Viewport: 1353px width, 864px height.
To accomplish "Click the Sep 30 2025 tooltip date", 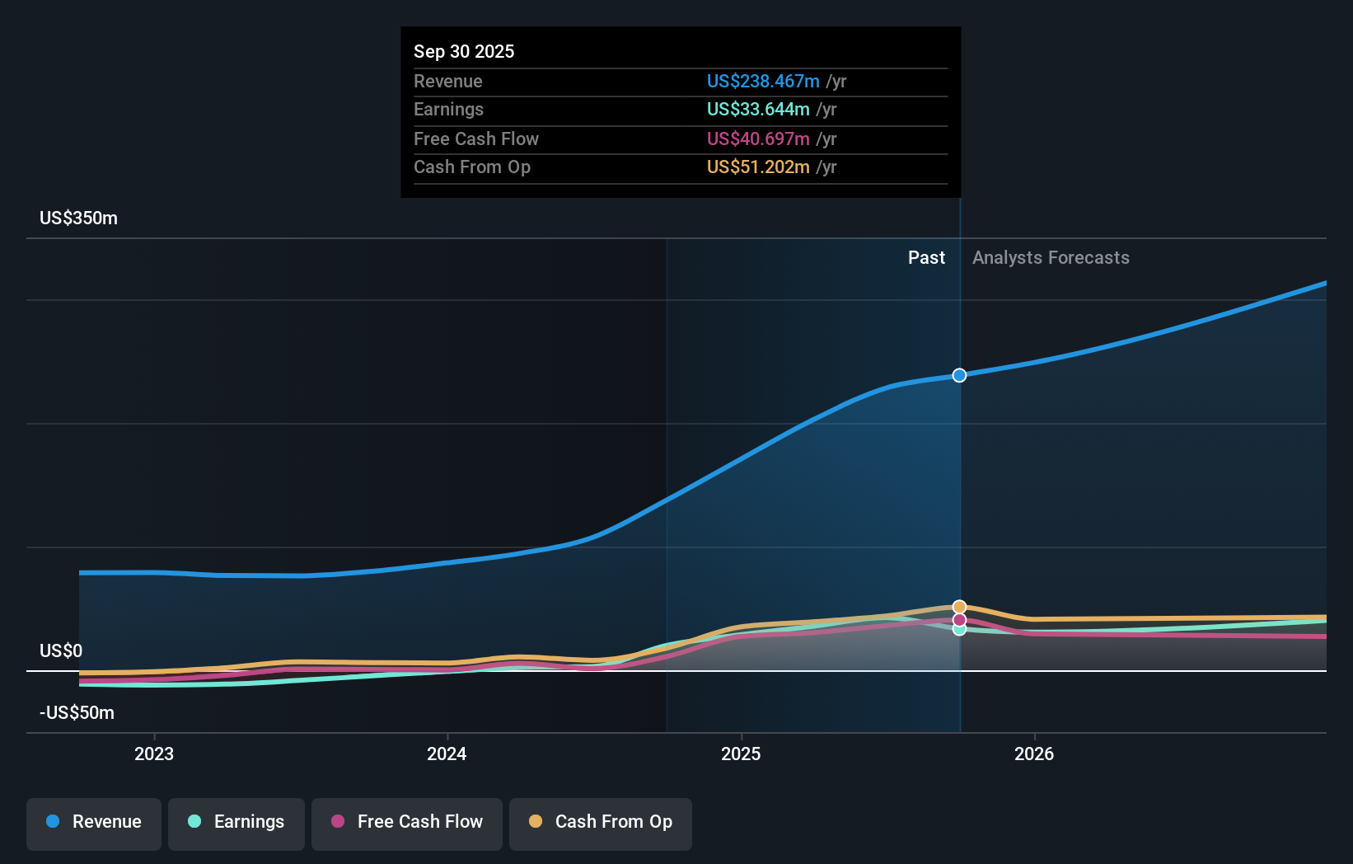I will (x=464, y=51).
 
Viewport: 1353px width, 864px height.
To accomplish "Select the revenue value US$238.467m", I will (x=763, y=81).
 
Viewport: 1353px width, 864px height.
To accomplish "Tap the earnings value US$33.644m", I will (x=758, y=109).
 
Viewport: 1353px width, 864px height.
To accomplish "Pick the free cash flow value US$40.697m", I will (x=758, y=139).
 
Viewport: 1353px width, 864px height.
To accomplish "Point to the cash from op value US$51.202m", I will (x=758, y=167).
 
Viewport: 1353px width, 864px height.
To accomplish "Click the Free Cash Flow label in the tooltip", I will (x=476, y=139).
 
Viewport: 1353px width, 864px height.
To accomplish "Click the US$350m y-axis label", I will (x=78, y=218).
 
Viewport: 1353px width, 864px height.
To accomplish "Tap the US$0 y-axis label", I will (x=61, y=650).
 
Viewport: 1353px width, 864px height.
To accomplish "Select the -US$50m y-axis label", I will (x=77, y=712).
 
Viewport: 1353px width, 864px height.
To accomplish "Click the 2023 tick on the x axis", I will (x=154, y=754).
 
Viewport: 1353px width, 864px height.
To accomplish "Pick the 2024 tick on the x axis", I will (x=447, y=754).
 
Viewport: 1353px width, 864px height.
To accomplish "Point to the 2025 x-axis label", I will (x=741, y=754).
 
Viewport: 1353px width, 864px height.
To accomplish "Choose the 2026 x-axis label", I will (x=1034, y=754).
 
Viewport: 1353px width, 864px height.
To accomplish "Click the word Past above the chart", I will (x=926, y=257).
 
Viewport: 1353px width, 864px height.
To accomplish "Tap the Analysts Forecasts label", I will (x=1051, y=257).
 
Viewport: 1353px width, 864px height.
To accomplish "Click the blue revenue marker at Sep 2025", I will (x=959, y=375).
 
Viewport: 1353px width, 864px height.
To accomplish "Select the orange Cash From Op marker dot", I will (x=959, y=607).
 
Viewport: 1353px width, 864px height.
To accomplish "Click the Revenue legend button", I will (x=94, y=822).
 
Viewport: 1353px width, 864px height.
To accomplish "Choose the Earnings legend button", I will (x=236, y=822).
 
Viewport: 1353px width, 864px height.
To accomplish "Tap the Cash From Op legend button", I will (x=601, y=822).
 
